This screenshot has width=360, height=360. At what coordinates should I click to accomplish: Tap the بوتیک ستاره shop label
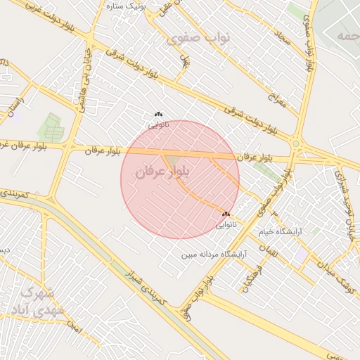(124, 6)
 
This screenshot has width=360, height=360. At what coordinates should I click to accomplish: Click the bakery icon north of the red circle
(158, 114)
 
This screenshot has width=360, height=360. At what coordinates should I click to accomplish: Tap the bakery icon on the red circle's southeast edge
(226, 214)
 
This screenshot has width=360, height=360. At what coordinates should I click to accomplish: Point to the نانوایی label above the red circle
(158, 124)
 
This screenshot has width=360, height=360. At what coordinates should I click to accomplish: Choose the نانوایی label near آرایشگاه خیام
(226, 225)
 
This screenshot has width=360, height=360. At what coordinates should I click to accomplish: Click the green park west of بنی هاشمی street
(51, 127)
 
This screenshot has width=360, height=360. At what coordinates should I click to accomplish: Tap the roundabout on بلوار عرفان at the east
(295, 143)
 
